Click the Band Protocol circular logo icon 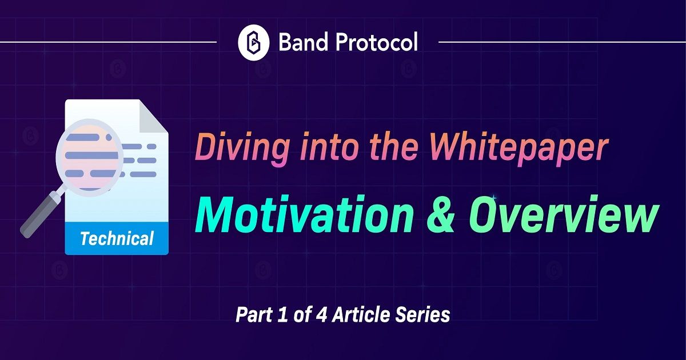254,42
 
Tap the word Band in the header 304,42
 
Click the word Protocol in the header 377,42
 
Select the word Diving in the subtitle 242,149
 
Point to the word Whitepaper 518,149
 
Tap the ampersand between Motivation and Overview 441,215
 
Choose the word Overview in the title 563,214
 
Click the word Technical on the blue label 117,238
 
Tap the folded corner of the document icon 154,116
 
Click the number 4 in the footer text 321,315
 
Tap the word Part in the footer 254,315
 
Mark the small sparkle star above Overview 494,198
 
